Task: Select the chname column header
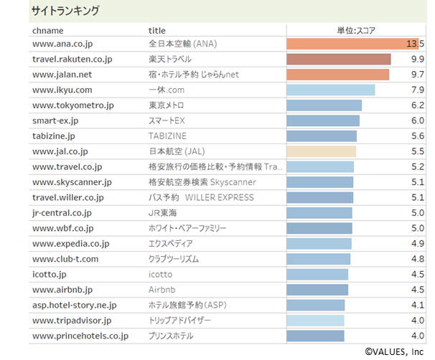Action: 48,30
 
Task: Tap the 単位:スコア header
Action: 356,30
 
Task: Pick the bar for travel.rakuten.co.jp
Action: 338,59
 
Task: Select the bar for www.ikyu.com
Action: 330,90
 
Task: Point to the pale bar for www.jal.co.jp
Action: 321,151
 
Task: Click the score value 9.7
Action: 417,75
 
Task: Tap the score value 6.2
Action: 418,105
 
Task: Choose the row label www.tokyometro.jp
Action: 73,105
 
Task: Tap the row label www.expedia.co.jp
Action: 71,244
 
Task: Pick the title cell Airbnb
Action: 163,290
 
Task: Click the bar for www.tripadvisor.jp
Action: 315,321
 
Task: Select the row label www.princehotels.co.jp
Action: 80,336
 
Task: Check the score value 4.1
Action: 418,305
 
